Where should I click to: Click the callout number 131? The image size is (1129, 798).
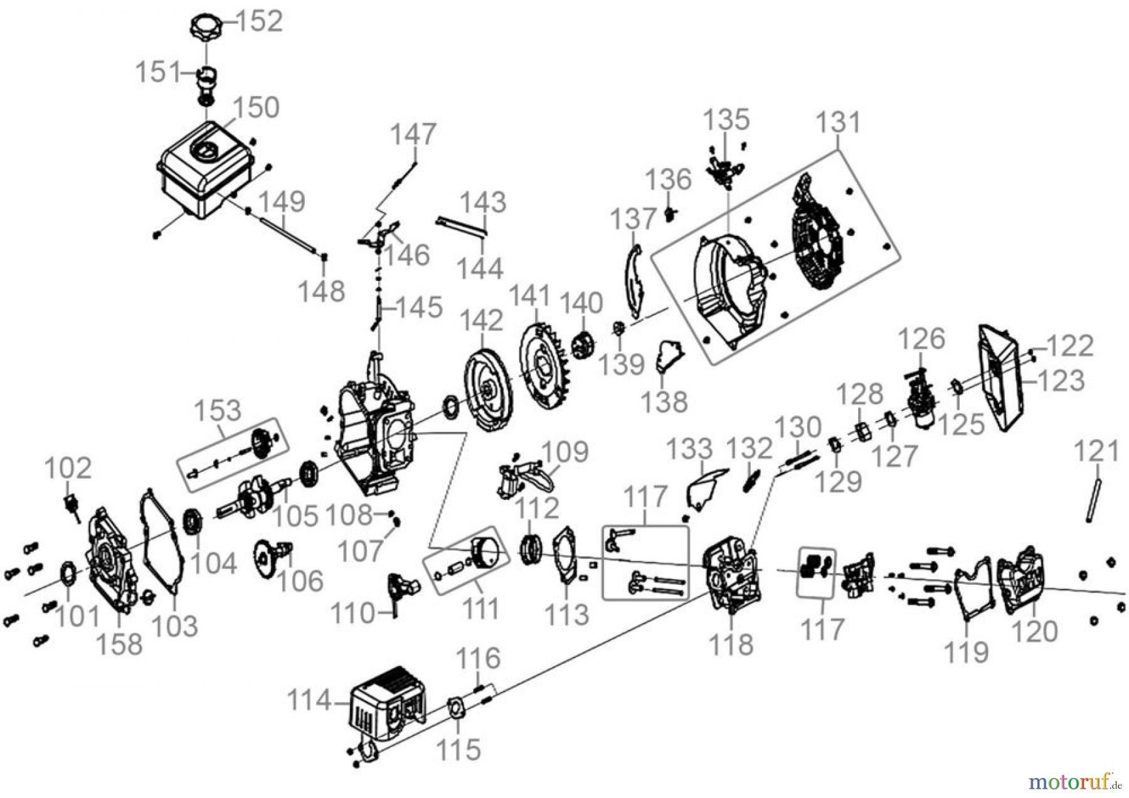(839, 124)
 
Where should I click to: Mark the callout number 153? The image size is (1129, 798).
(217, 410)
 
